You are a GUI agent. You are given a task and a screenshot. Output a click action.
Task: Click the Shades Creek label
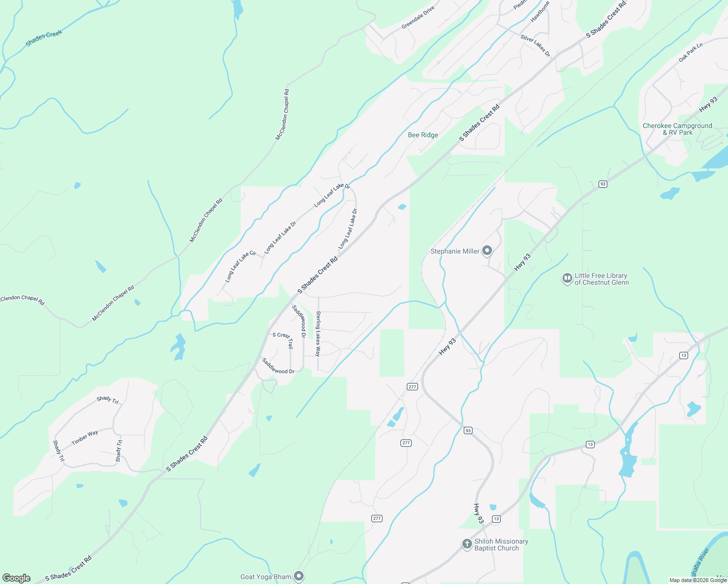pos(44,38)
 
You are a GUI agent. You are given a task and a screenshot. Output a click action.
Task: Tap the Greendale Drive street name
pos(418,18)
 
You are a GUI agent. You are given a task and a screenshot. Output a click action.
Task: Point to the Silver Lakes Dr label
pos(535,45)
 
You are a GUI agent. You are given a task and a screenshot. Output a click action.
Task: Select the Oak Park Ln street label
pos(691,53)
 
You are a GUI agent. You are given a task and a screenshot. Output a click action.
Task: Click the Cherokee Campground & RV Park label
pos(677,129)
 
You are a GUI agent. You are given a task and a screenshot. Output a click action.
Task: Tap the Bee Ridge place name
pos(423,135)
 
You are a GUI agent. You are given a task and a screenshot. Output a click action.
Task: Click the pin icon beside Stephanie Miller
pos(487,251)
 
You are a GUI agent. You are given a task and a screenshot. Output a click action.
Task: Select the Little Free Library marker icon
pos(567,279)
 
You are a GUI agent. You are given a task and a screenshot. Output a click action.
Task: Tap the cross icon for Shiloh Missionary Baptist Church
pos(467,544)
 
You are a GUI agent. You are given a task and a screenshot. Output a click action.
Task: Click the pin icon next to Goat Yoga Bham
pos(299,577)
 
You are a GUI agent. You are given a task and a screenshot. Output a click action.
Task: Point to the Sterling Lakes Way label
pos(318,334)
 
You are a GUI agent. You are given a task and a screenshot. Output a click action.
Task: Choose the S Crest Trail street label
pos(284,339)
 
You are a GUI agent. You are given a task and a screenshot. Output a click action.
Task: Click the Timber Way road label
pos(85,438)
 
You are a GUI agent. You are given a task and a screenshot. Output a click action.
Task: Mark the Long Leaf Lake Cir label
pos(240,267)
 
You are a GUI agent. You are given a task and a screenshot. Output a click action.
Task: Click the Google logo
pos(17,578)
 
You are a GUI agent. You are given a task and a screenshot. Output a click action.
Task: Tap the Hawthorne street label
pos(540,11)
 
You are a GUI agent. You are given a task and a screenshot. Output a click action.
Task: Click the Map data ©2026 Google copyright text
pos(698,580)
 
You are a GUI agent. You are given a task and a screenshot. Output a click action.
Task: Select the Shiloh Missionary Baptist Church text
pos(501,545)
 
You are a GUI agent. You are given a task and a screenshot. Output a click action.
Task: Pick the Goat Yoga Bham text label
pos(266,577)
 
